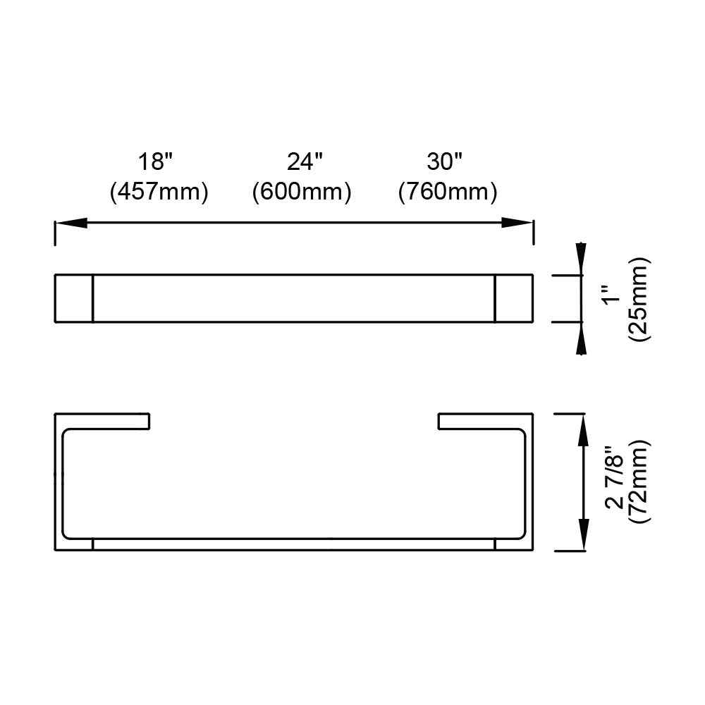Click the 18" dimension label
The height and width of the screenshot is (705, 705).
pos(155,162)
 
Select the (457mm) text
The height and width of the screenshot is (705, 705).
pos(159,192)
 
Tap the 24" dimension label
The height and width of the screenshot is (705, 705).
pos(305,162)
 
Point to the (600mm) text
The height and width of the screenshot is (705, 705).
pos(302,192)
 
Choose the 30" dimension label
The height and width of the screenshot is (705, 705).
pos(445,162)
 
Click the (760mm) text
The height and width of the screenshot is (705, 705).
pos(448,192)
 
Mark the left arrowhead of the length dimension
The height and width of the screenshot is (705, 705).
pos(71,223)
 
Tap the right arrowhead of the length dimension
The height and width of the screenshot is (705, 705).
pos(517,223)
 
